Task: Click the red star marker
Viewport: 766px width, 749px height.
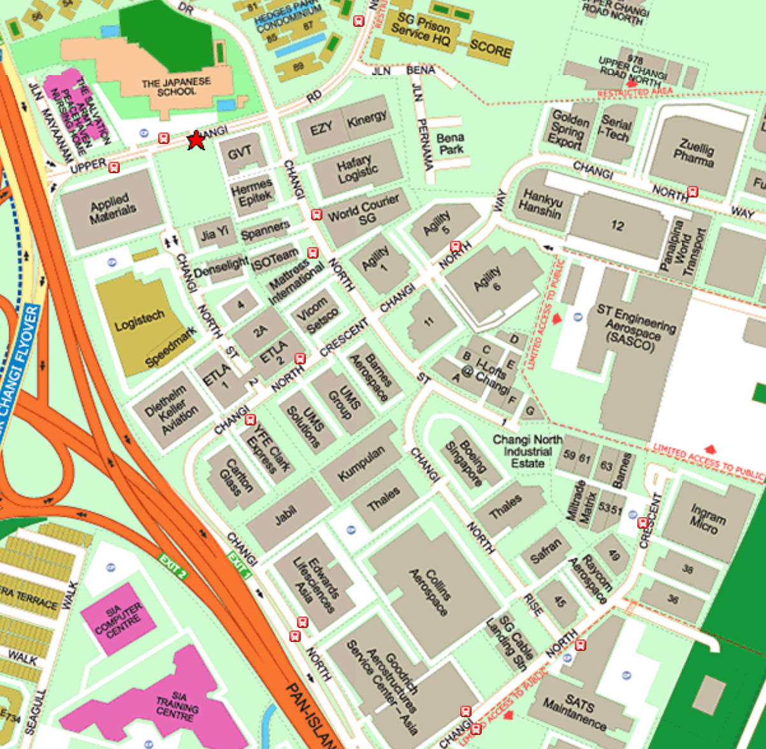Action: point(196,140)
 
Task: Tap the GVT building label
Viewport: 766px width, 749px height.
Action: point(240,153)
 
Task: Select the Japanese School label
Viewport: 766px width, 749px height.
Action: point(176,87)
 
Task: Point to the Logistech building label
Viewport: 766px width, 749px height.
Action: point(140,320)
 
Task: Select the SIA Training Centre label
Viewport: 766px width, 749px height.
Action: point(177,706)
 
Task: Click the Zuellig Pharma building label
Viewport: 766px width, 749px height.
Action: point(695,153)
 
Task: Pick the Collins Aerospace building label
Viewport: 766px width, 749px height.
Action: point(429,592)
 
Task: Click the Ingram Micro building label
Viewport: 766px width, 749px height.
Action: point(707,518)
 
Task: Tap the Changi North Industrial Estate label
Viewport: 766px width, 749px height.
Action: point(528,452)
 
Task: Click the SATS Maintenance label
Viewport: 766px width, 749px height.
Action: point(575,712)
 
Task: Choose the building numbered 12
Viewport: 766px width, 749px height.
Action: point(617,225)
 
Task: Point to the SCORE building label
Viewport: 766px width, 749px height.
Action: point(490,48)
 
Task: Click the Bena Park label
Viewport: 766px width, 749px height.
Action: point(451,144)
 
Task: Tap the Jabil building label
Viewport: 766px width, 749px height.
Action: point(285,516)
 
